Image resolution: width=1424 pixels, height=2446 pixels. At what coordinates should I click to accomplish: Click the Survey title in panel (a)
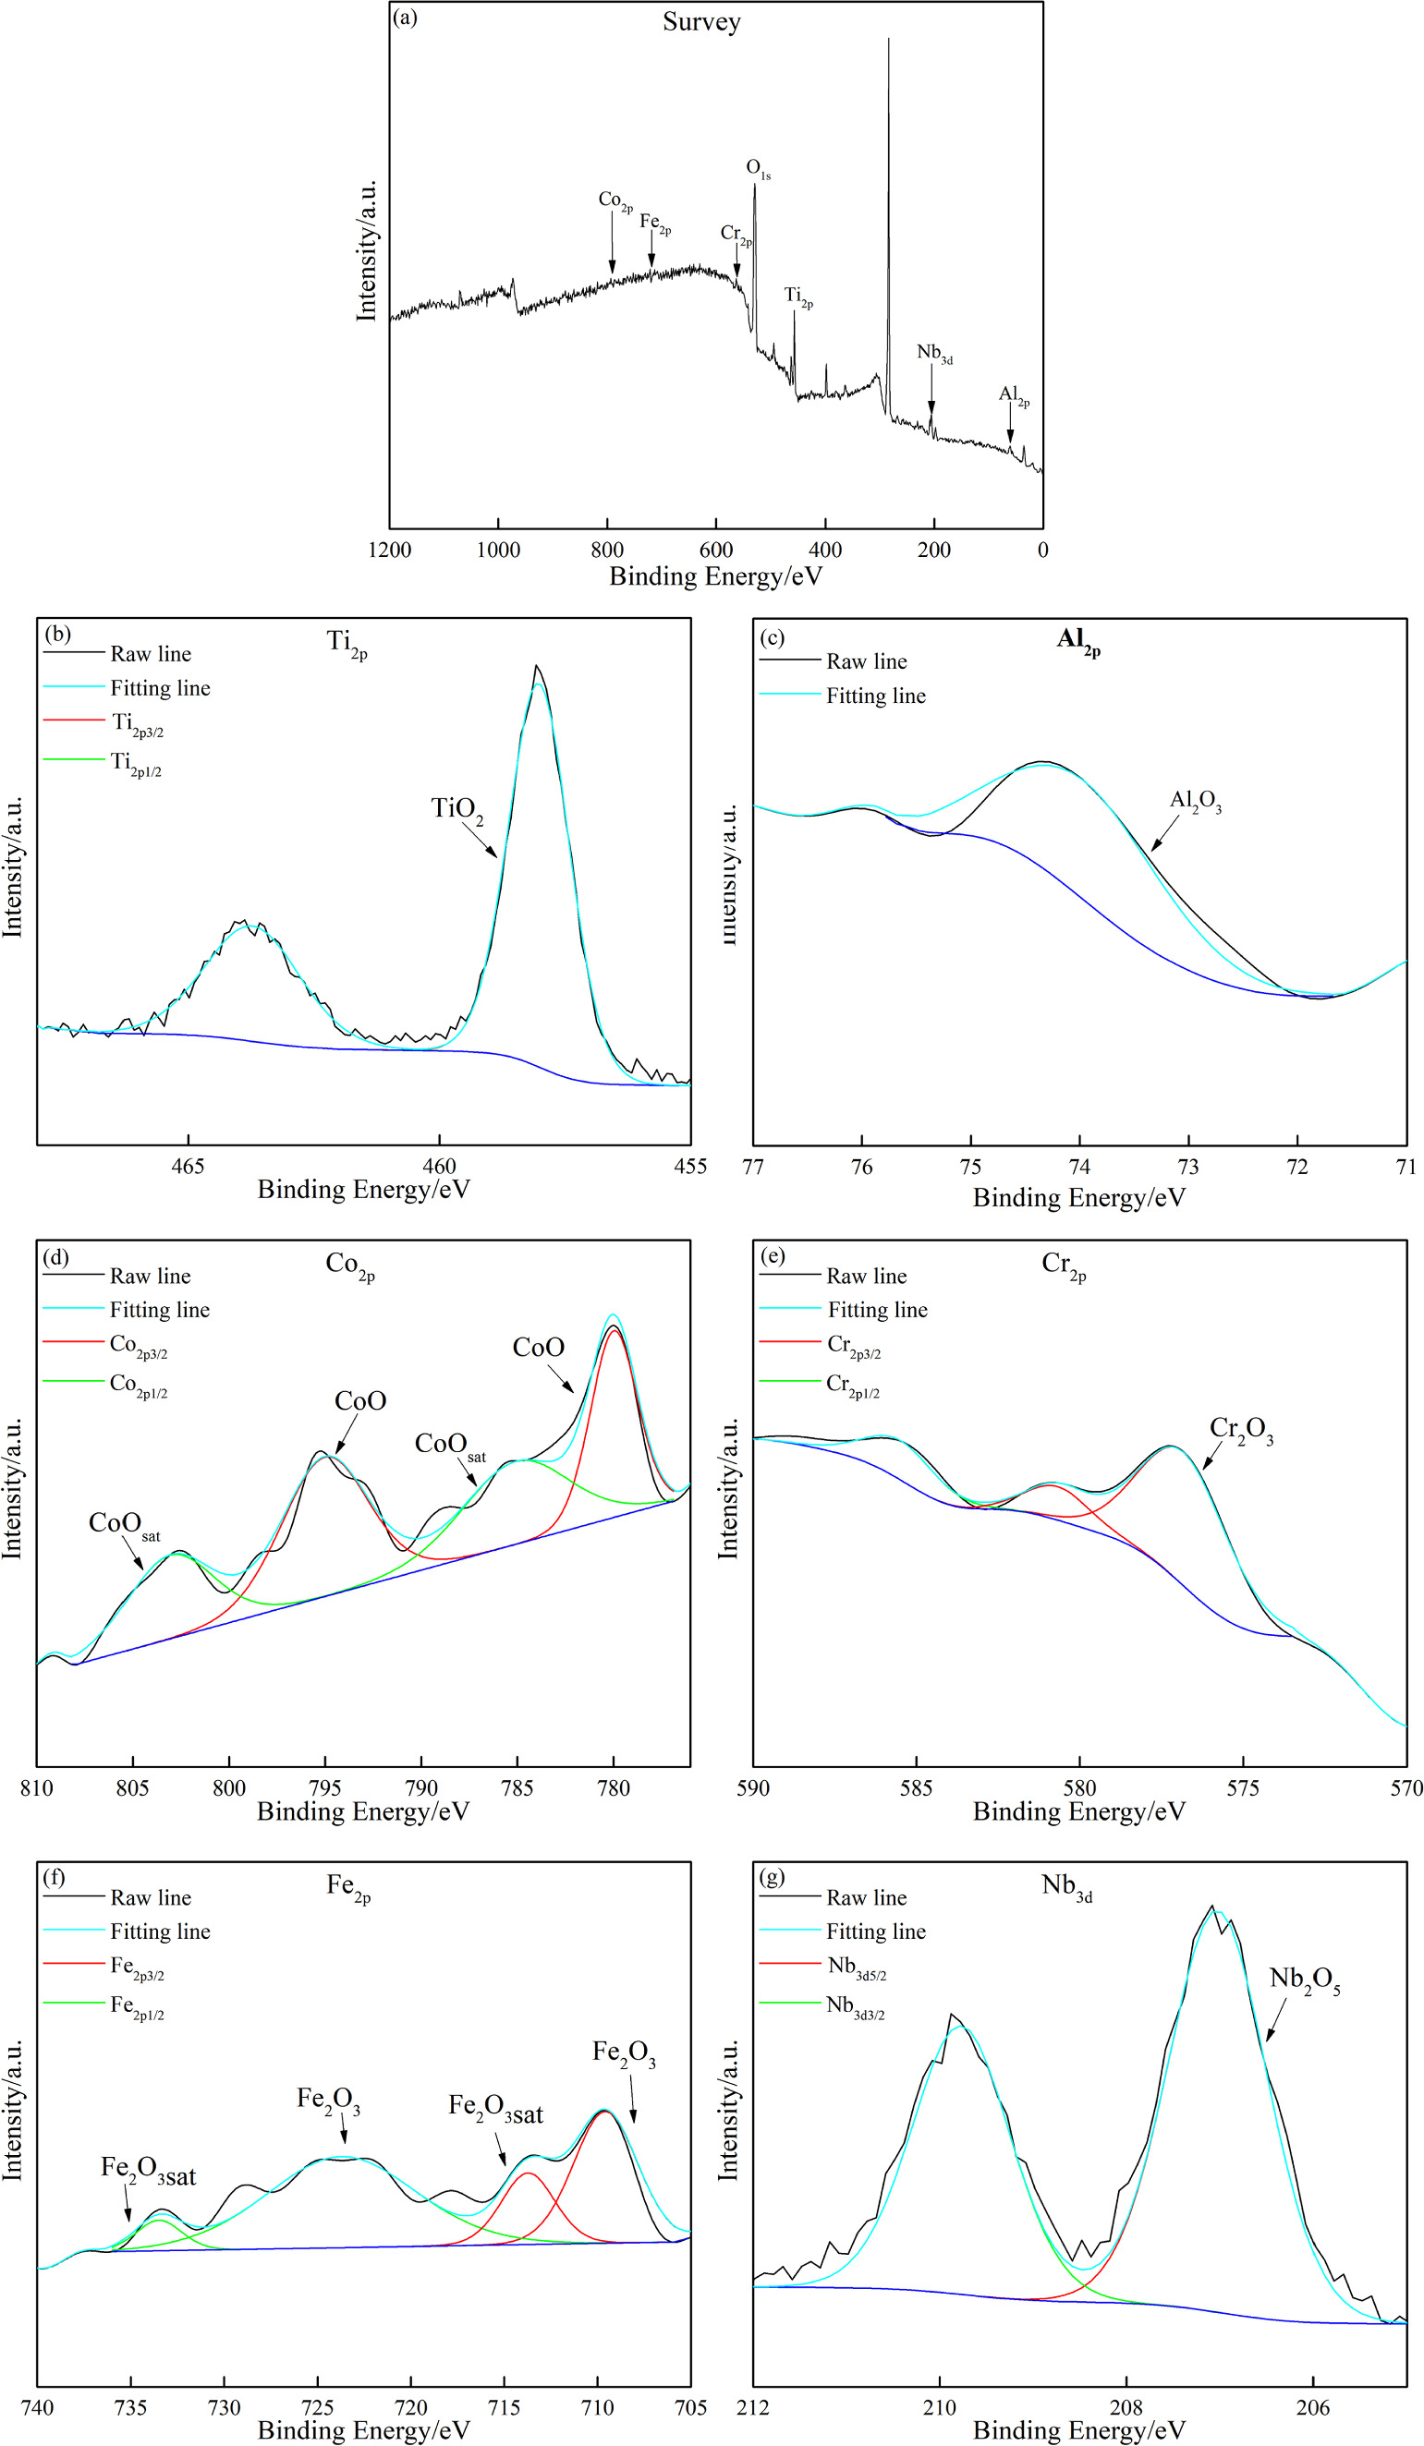700,21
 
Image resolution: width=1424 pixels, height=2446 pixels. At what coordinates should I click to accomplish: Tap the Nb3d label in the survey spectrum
934,353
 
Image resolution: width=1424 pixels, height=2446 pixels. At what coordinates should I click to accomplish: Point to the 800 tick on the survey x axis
607,551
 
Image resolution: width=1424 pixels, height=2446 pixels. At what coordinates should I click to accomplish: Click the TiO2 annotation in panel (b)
456,808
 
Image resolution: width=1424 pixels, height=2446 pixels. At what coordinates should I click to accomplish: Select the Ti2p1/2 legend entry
136,764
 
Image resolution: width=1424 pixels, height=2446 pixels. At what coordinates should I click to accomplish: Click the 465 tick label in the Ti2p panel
188,1166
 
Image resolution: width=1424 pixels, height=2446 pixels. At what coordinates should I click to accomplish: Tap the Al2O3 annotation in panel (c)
1195,802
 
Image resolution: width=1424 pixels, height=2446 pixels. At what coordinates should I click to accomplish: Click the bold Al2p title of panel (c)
1077,641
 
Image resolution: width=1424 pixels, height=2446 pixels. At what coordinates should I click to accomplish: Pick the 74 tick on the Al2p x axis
1079,1167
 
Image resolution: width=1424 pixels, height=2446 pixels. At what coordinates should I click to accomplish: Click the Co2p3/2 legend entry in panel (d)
138,1345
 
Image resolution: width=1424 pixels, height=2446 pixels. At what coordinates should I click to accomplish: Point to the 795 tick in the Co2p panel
325,1788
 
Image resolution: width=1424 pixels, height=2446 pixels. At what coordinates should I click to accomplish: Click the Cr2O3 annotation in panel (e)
1240,1430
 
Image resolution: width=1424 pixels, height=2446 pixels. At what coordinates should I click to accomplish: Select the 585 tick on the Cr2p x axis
916,1788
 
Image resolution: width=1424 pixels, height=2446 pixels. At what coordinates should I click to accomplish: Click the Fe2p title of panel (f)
348,1887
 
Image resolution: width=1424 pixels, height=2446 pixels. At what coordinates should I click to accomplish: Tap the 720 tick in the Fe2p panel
410,2407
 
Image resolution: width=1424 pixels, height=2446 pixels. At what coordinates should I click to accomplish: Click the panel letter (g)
773,1877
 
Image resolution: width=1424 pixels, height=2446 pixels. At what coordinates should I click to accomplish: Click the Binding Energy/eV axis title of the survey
715,576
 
